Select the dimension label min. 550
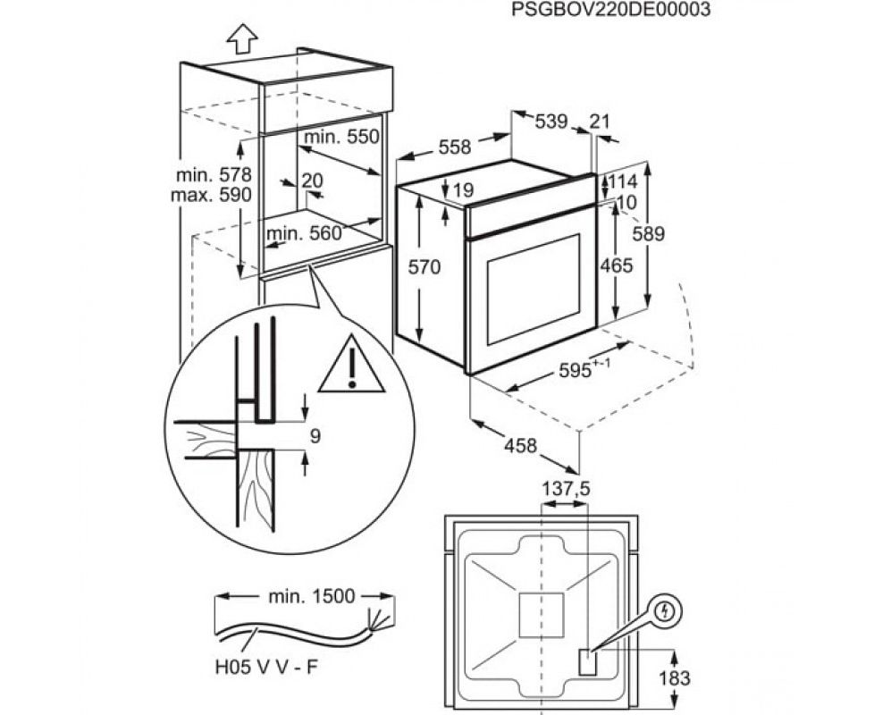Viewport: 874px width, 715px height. tap(341, 137)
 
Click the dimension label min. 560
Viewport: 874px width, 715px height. tap(304, 233)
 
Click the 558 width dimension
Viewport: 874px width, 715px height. tap(454, 148)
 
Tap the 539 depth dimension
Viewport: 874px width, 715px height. tap(551, 122)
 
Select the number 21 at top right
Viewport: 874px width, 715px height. tap(600, 122)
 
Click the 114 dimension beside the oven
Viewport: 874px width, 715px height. tap(623, 182)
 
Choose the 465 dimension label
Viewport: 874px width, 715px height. tap(617, 265)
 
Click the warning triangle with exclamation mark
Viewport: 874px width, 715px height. tap(352, 366)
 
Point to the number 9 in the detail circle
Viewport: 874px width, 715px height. tap(315, 436)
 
